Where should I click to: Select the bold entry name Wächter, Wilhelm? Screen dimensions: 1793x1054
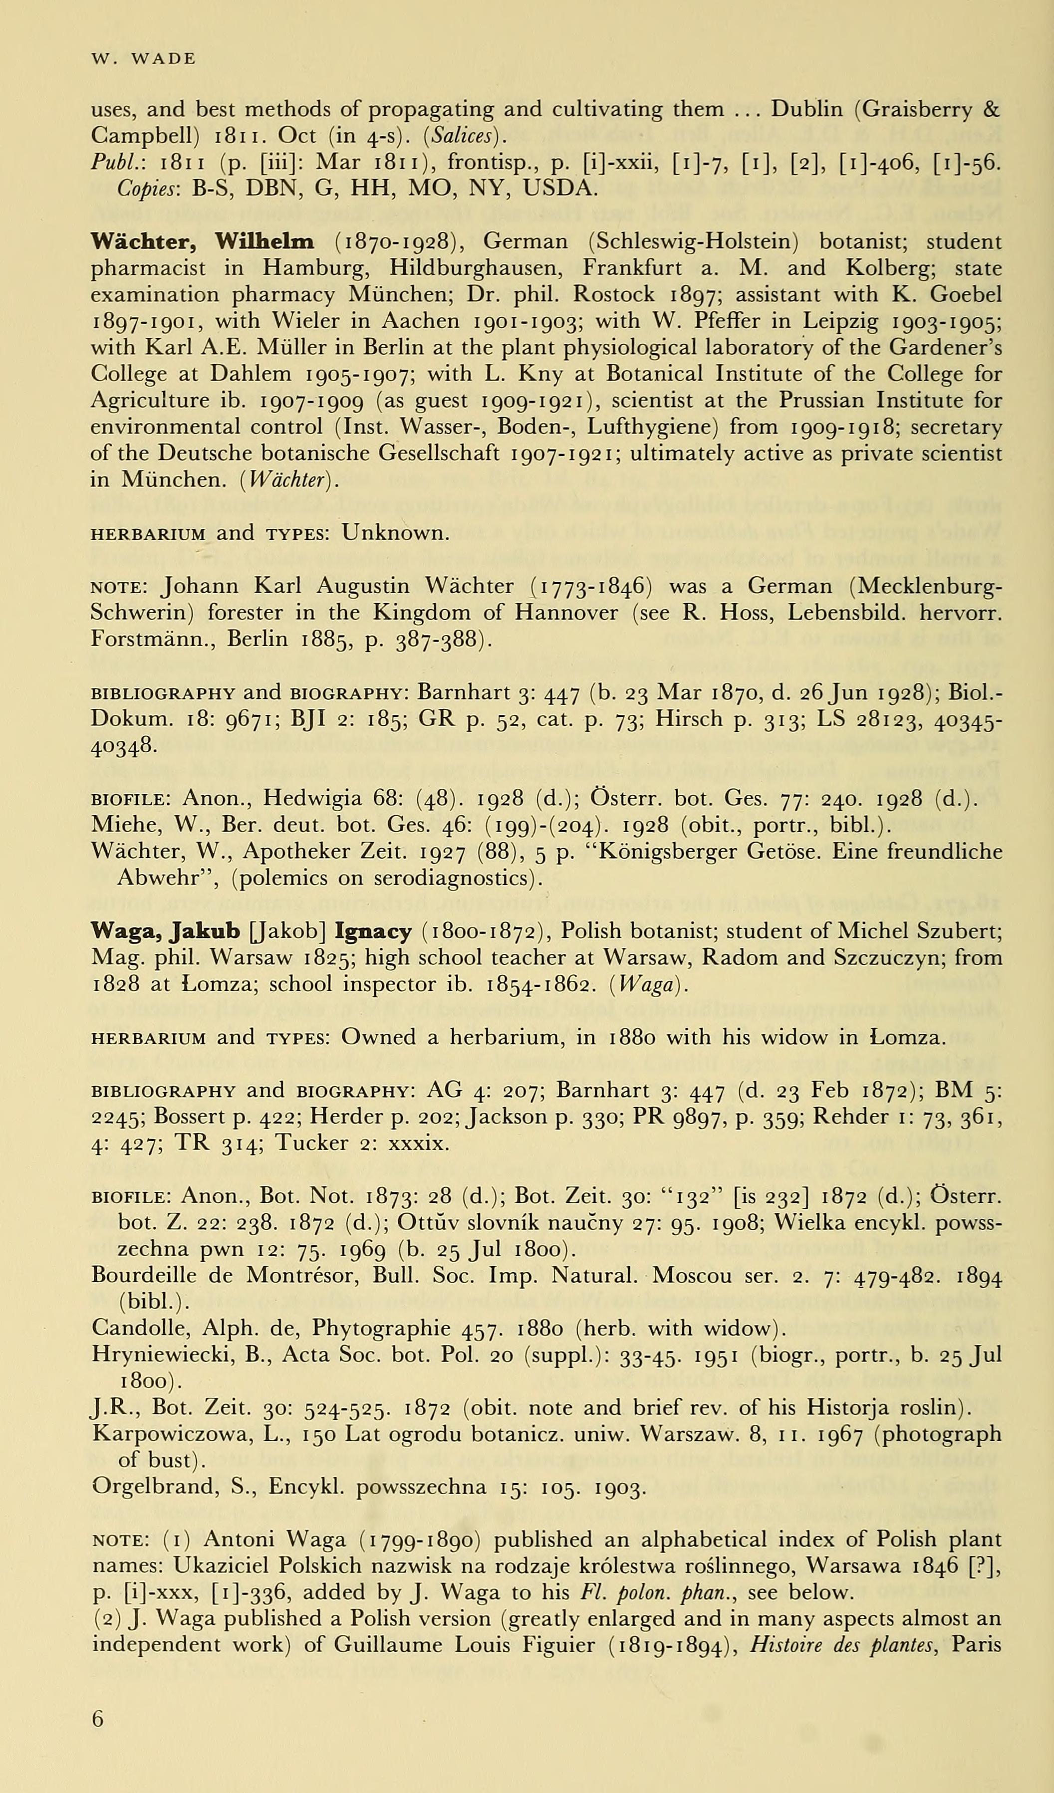tap(203, 242)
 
